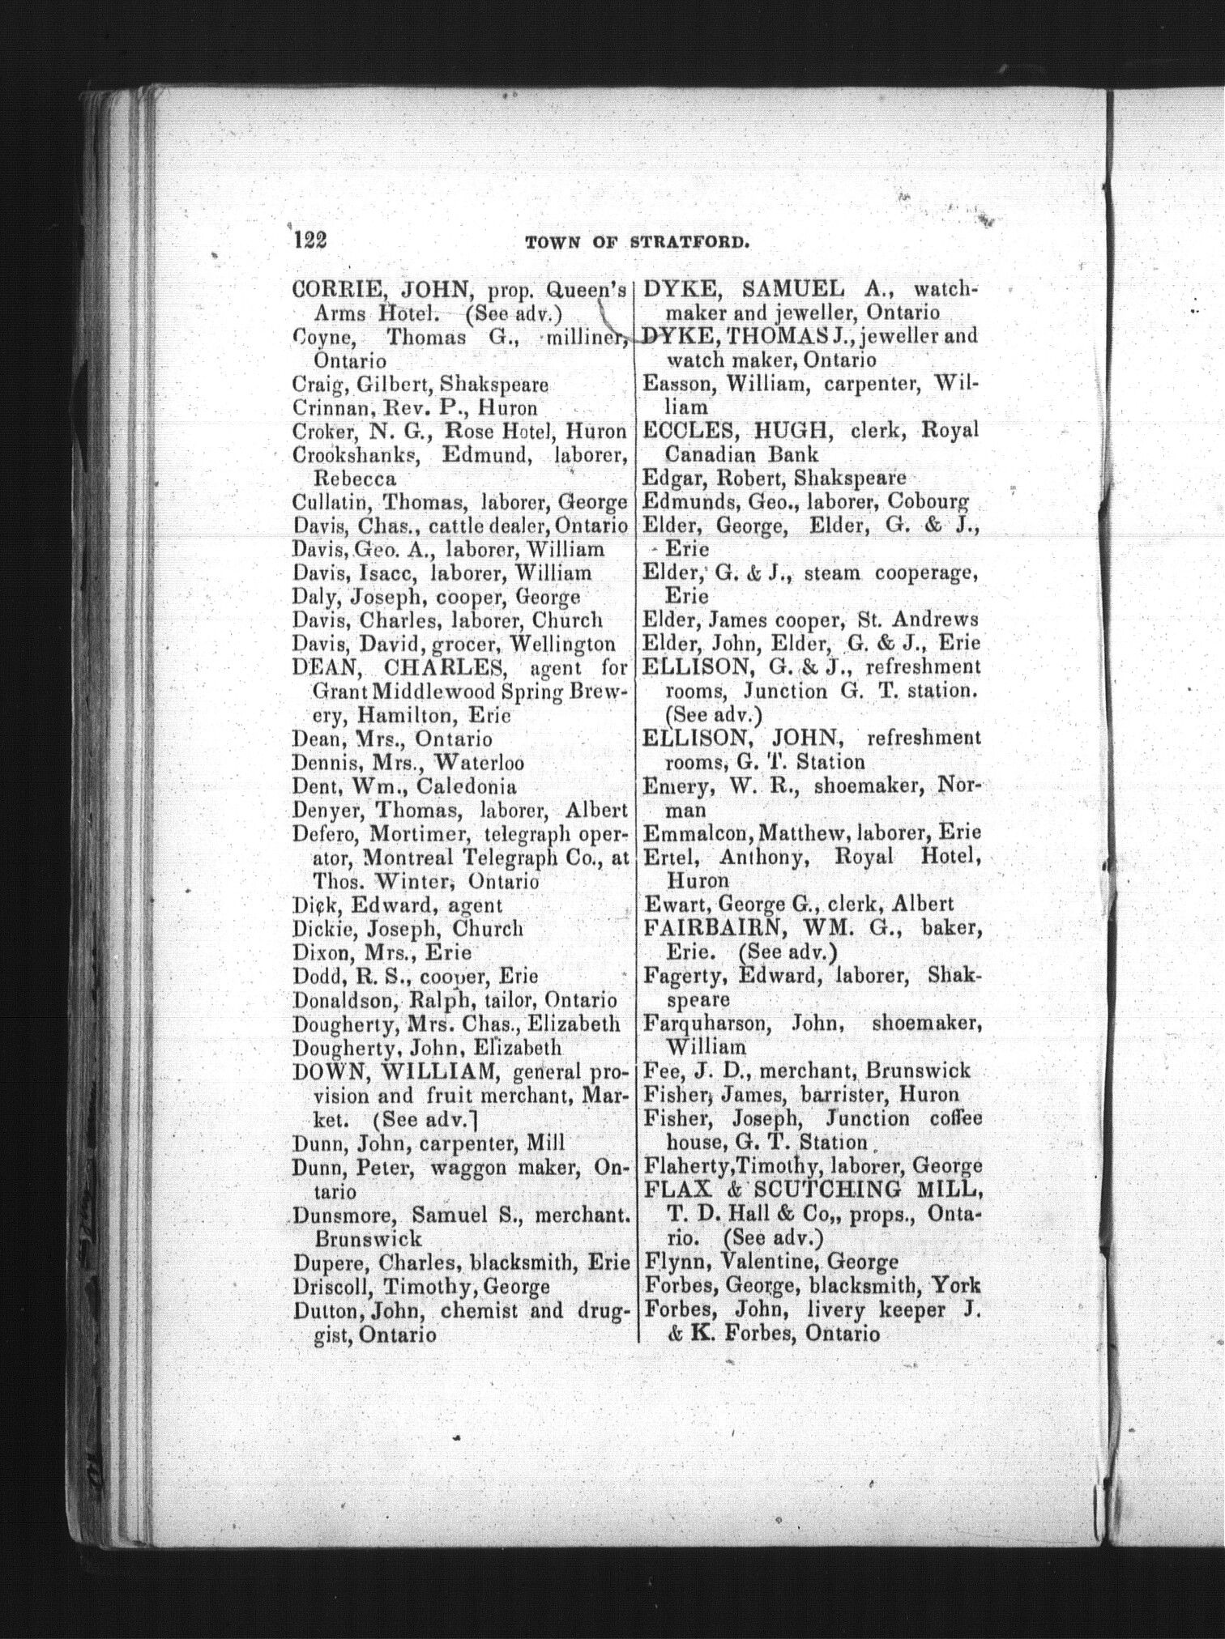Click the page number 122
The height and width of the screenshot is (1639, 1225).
coord(309,240)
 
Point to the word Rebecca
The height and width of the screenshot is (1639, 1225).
coord(344,479)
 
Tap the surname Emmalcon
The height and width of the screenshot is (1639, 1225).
coord(694,832)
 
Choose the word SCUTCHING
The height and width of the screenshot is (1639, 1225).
coord(828,1190)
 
